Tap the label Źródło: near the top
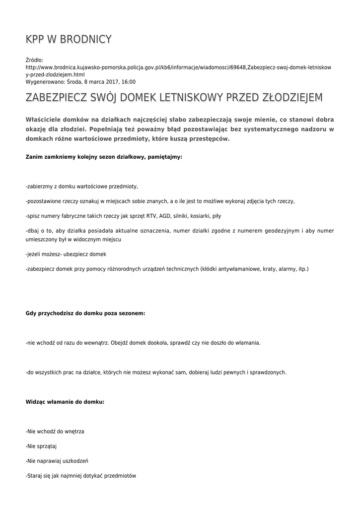point(35,60)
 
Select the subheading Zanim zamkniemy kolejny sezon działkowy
point(104,157)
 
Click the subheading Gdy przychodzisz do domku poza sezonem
point(85,314)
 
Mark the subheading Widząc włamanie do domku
point(65,402)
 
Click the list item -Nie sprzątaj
point(41,446)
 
